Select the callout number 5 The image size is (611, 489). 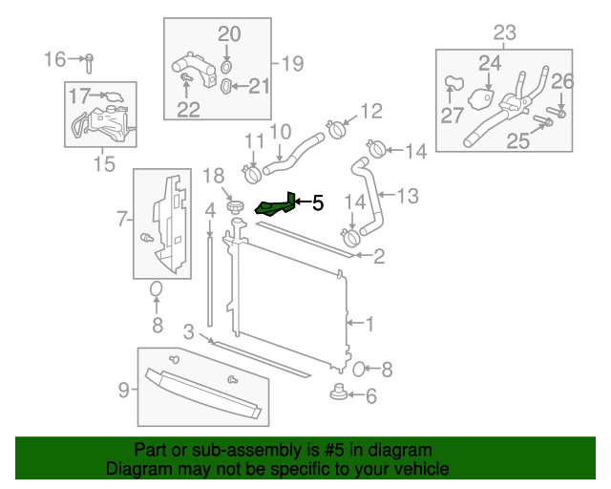pyautogui.click(x=318, y=202)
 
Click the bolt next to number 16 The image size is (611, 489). pyautogui.click(x=89, y=63)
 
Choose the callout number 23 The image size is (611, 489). pyautogui.click(x=504, y=33)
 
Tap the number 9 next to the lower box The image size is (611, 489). pyautogui.click(x=123, y=389)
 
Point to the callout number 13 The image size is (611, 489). pyautogui.click(x=408, y=197)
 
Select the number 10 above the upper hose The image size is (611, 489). pyautogui.click(x=280, y=131)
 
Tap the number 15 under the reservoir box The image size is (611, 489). pyautogui.click(x=103, y=165)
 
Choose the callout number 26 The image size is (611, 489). pyautogui.click(x=562, y=80)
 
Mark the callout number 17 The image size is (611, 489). pyautogui.click(x=79, y=95)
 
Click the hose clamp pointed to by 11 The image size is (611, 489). pyautogui.click(x=253, y=175)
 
